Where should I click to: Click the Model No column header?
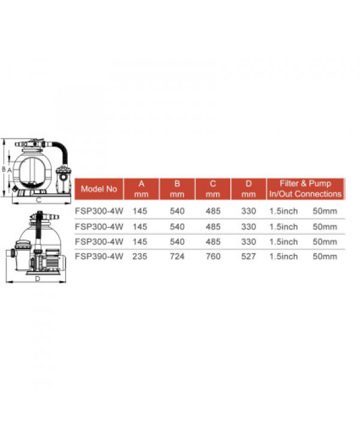pos(99,189)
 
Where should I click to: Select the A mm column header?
pos(142,189)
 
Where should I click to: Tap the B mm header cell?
pos(177,189)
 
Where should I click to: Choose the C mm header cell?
pos(213,189)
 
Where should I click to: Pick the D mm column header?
pos(248,189)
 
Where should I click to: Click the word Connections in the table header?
pos(318,194)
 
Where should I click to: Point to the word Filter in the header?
pos(289,184)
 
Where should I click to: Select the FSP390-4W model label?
pos(99,257)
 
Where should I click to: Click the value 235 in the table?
pos(140,257)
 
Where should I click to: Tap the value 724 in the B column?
pos(177,257)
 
